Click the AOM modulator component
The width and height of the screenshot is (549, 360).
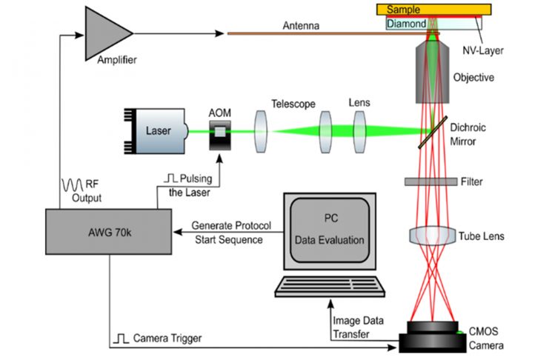219,133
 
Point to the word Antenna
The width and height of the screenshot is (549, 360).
301,26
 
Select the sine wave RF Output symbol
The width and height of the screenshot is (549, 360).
74,184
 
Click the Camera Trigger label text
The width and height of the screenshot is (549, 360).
167,339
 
